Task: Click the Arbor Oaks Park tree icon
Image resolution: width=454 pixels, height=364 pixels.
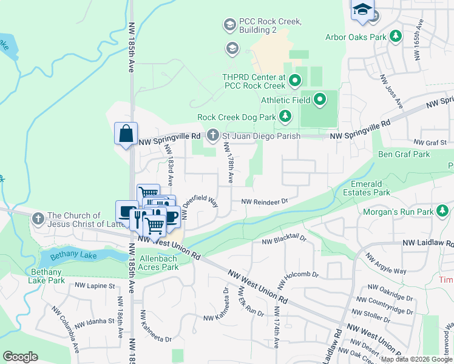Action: click(396, 37)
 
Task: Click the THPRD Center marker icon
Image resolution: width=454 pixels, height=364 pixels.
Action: click(295, 79)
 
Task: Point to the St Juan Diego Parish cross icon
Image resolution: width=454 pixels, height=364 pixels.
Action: click(212, 136)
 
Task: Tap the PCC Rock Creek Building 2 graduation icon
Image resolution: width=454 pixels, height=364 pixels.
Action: click(229, 25)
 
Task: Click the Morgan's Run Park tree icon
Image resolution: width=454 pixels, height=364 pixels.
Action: click(443, 211)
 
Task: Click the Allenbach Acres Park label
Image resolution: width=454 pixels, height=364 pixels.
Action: click(159, 263)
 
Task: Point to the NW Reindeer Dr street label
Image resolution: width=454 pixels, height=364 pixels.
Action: click(264, 201)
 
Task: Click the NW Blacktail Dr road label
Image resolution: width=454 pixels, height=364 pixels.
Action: click(284, 240)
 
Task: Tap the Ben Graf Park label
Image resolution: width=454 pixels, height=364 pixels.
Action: click(404, 154)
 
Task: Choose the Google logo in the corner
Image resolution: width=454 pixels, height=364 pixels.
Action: click(20, 357)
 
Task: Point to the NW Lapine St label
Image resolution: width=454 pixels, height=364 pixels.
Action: click(95, 285)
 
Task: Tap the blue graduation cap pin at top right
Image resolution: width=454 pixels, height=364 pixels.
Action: click(362, 10)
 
